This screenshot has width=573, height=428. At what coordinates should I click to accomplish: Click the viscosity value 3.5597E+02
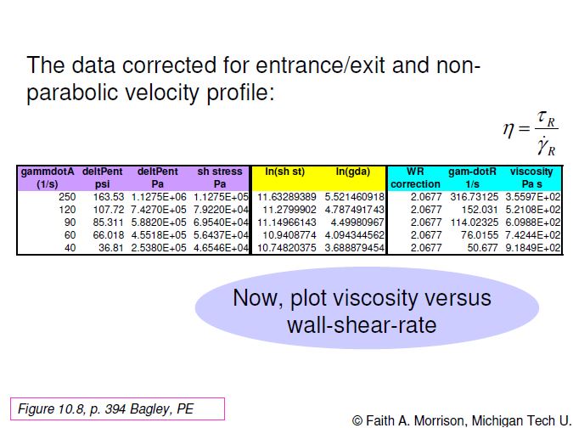click(x=533, y=197)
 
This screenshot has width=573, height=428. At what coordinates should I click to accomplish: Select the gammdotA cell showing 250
click(x=67, y=197)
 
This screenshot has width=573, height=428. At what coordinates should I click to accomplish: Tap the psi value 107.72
click(x=109, y=210)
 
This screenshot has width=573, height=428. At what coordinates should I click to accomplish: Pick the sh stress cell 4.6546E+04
click(x=221, y=248)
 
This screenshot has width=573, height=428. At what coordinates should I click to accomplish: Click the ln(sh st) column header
click(x=284, y=172)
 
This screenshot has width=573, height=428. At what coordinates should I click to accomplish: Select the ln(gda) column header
click(x=353, y=172)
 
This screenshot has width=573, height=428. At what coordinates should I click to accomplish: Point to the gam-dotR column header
click(x=472, y=177)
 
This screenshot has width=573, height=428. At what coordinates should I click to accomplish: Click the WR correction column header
click(x=415, y=177)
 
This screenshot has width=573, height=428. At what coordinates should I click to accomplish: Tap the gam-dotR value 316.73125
click(x=474, y=197)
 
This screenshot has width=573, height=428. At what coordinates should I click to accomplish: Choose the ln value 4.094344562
click(x=355, y=235)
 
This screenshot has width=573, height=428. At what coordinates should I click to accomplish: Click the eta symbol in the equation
click(x=508, y=129)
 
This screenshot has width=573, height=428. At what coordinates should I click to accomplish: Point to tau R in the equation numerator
click(x=547, y=119)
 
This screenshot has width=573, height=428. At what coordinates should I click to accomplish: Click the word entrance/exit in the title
click(x=321, y=65)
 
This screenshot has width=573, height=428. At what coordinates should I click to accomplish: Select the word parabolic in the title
click(x=72, y=92)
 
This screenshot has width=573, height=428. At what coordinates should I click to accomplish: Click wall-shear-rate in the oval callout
click(x=362, y=325)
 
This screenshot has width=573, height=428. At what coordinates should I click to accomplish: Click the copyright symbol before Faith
click(x=357, y=420)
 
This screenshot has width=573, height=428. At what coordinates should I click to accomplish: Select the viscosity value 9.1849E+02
click(x=533, y=248)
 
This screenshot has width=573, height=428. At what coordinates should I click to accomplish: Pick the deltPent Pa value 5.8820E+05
click(x=159, y=222)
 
